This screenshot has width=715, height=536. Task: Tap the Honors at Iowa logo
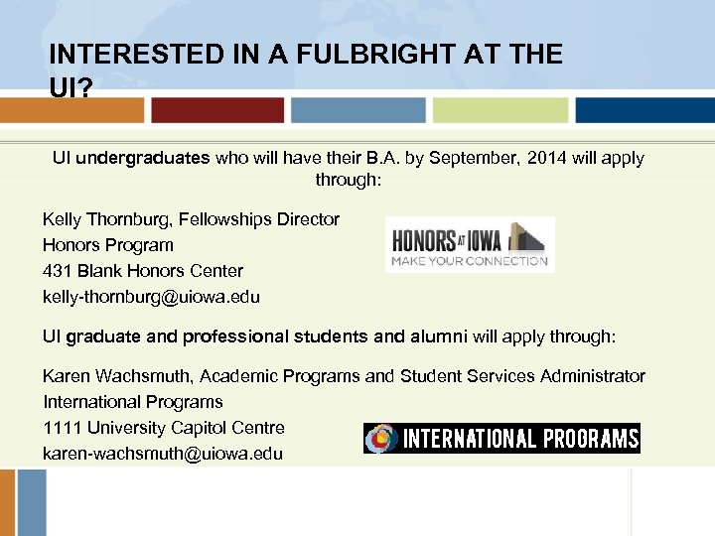pos(470,244)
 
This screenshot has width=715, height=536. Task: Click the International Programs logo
pos(501,438)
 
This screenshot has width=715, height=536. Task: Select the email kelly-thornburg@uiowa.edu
pos(151,297)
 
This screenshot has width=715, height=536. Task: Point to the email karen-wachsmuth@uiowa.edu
pos(163,454)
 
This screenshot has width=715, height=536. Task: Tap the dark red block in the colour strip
pos(217,109)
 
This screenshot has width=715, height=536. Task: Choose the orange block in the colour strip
pos(72,109)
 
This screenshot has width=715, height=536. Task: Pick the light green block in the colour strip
pos(500,109)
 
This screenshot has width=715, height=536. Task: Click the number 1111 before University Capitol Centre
pos(62,428)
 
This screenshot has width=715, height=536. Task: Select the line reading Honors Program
pos(107,245)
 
